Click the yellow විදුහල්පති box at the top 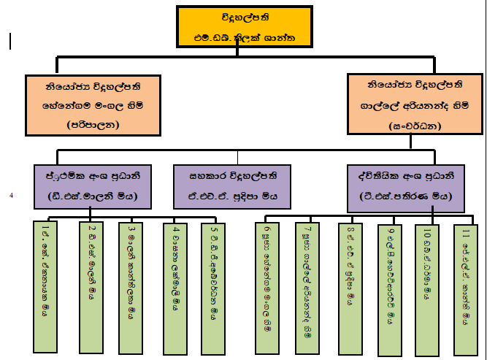(246, 27)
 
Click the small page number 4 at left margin (11, 196)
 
